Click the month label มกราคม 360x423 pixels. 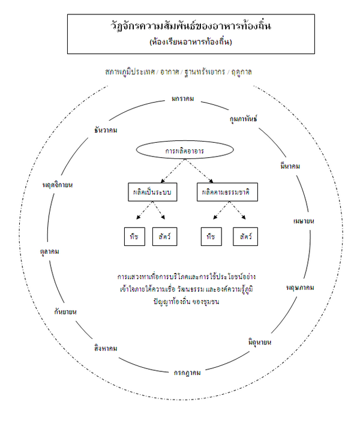182,98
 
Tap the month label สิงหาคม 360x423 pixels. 106,348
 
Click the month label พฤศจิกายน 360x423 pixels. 58,184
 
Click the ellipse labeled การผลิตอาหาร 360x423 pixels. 184,152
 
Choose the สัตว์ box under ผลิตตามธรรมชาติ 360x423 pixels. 245,236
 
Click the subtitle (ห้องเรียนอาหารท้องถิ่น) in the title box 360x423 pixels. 191,42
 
